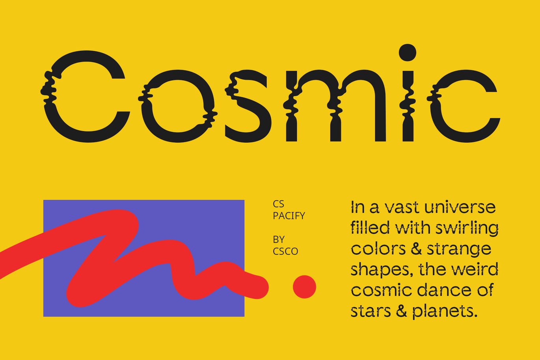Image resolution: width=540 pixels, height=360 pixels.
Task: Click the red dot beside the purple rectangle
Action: [304, 287]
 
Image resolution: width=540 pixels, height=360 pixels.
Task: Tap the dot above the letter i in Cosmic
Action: [408, 52]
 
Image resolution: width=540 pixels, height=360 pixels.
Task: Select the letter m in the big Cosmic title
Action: [336, 106]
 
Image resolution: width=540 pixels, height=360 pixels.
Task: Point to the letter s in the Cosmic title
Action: [248, 106]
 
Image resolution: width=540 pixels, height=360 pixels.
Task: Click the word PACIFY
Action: [289, 216]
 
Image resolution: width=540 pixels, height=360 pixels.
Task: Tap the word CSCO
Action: [285, 252]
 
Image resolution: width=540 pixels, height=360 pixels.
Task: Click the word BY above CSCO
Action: [279, 240]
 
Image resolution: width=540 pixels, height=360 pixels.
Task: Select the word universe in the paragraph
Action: [460, 208]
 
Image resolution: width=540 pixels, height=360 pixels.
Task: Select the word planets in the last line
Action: [445, 311]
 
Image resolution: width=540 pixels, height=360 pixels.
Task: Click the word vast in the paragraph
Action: [401, 208]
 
